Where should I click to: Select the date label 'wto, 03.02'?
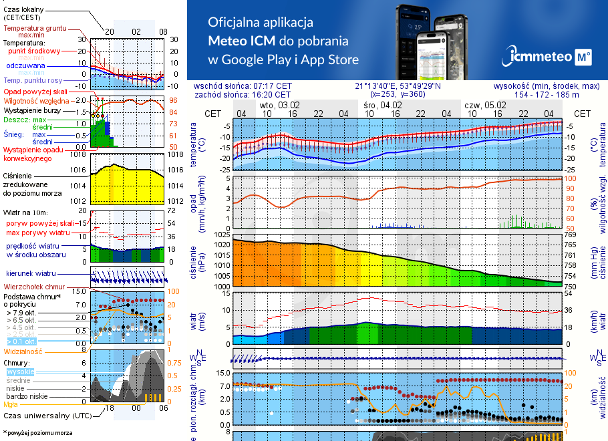[x=279, y=105]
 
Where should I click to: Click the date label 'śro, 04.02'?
[x=383, y=105]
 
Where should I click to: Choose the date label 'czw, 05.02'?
[x=486, y=105]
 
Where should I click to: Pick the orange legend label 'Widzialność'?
[x=23, y=351]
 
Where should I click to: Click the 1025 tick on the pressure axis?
[x=222, y=235]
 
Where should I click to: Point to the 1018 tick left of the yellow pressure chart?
[x=80, y=155]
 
